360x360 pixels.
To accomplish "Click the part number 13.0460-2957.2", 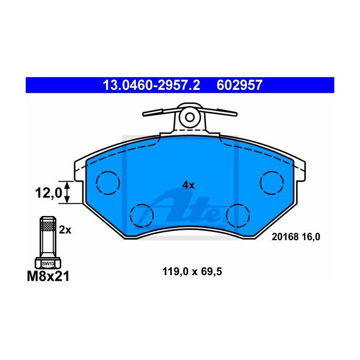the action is (x=151, y=85).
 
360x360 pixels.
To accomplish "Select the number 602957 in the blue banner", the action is (x=239, y=85).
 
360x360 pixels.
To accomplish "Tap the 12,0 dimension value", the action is (x=48, y=192).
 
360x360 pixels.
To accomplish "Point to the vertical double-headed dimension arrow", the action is (x=66, y=192).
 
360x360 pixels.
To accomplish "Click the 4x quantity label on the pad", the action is (x=188, y=185).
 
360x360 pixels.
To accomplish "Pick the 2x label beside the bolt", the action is (x=65, y=229).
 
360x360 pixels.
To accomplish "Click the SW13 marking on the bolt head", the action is (x=48, y=264).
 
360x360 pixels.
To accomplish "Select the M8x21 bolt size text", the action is (x=48, y=276).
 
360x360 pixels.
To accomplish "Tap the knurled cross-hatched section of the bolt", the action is (x=48, y=226).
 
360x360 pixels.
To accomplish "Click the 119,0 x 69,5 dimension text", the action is (x=192, y=272).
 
